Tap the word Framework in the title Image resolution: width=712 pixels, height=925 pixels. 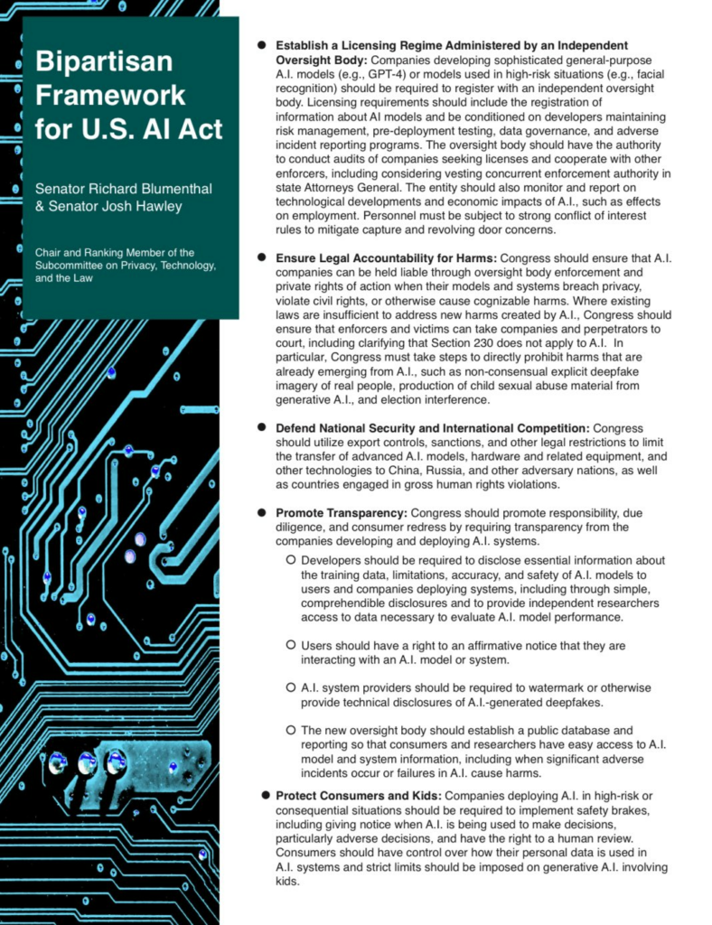click(109, 95)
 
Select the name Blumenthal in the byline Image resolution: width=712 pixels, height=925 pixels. click(170, 189)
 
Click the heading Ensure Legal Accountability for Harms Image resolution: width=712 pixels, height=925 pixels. click(386, 257)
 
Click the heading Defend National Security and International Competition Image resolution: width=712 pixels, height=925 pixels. click(432, 427)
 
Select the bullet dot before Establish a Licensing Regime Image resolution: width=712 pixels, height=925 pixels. click(262, 44)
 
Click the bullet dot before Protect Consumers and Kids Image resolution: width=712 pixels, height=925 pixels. click(266, 795)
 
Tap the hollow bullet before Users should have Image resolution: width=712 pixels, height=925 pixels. click(291, 646)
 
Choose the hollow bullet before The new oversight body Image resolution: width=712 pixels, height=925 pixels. click(291, 730)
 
